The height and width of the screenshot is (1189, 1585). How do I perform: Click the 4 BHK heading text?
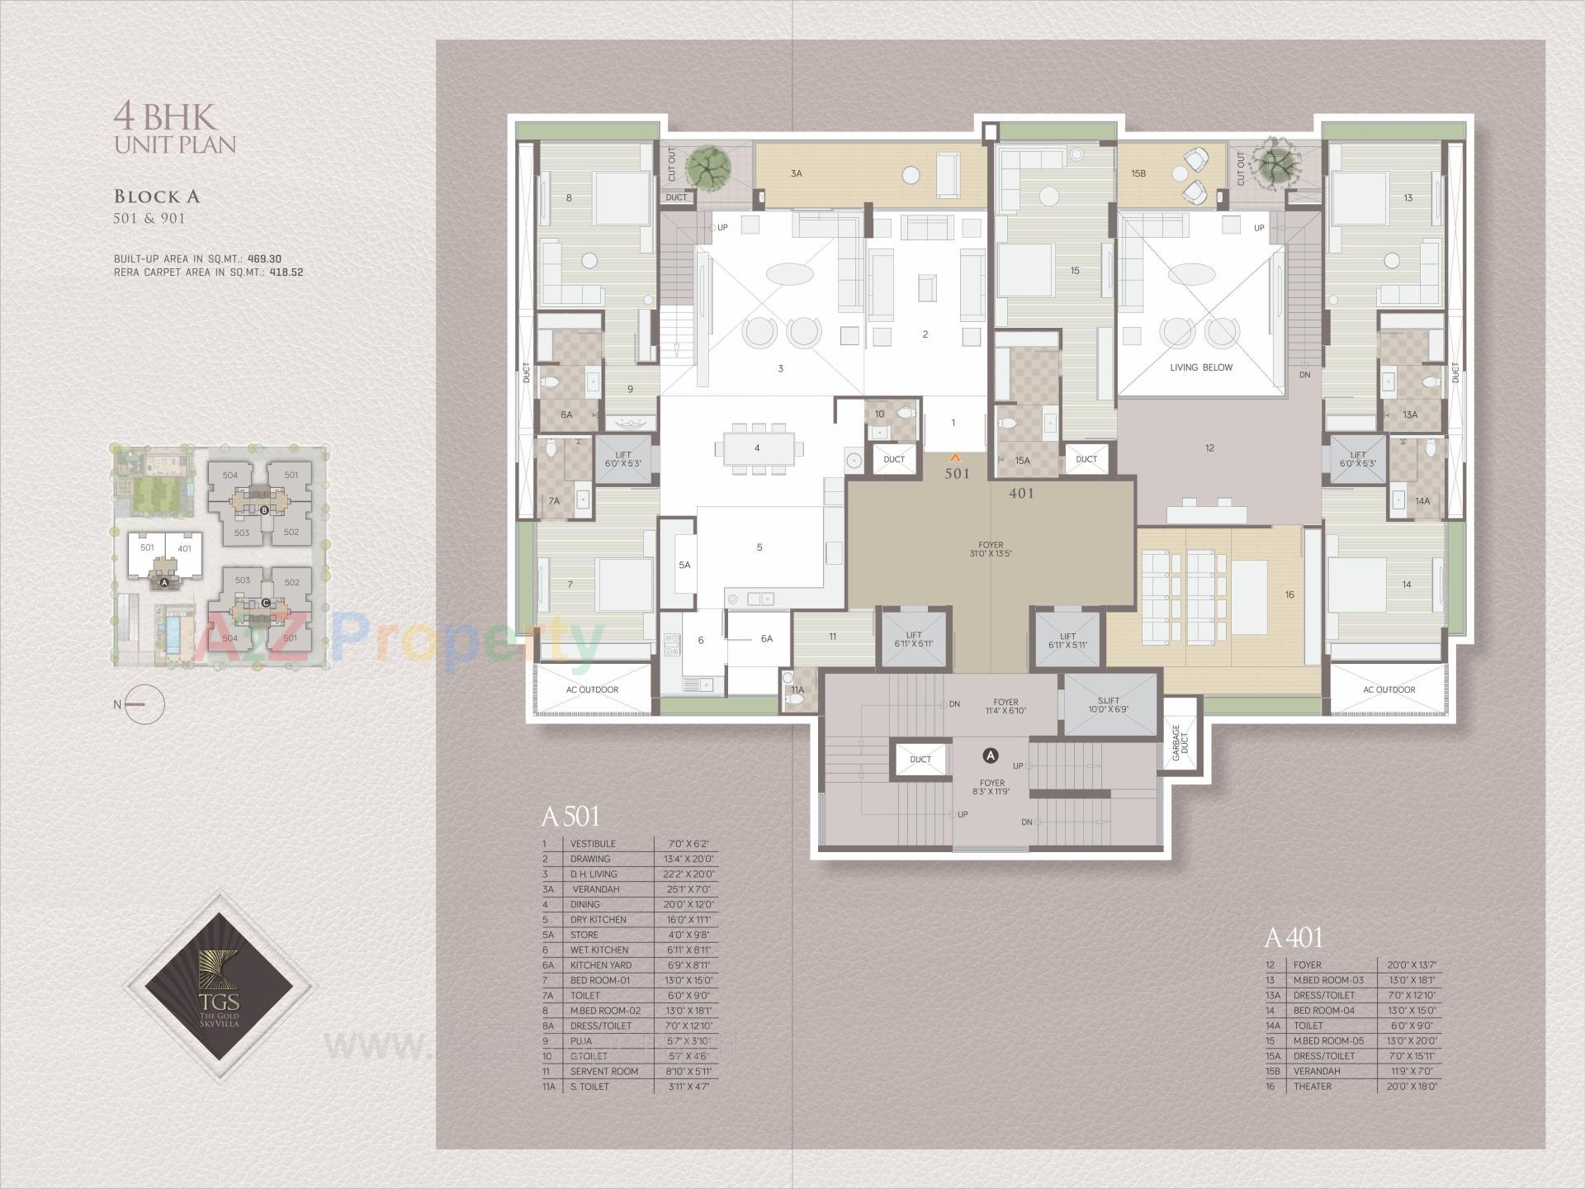pyautogui.click(x=164, y=116)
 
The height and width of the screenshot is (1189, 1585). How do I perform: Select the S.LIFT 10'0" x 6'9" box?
pyautogui.click(x=1109, y=704)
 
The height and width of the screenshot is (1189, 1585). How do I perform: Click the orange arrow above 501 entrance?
pyautogui.click(x=956, y=456)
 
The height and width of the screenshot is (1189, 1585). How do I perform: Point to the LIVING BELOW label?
pyautogui.click(x=1200, y=367)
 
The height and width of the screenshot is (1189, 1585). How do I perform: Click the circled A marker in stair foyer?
pyautogui.click(x=991, y=756)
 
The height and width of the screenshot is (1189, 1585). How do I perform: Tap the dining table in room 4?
pyautogui.click(x=757, y=448)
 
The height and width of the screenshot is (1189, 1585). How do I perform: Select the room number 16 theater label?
pyautogui.click(x=1289, y=594)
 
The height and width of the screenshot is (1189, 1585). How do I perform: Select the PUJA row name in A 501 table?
pyautogui.click(x=582, y=1041)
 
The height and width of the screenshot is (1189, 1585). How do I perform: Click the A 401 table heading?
pyautogui.click(x=1293, y=938)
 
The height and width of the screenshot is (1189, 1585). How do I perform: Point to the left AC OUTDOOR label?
pyautogui.click(x=592, y=689)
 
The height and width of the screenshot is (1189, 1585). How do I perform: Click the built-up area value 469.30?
pyautogui.click(x=264, y=258)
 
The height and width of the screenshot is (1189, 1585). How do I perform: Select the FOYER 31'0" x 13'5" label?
pyautogui.click(x=991, y=549)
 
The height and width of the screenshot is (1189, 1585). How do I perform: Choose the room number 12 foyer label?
pyautogui.click(x=1209, y=448)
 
